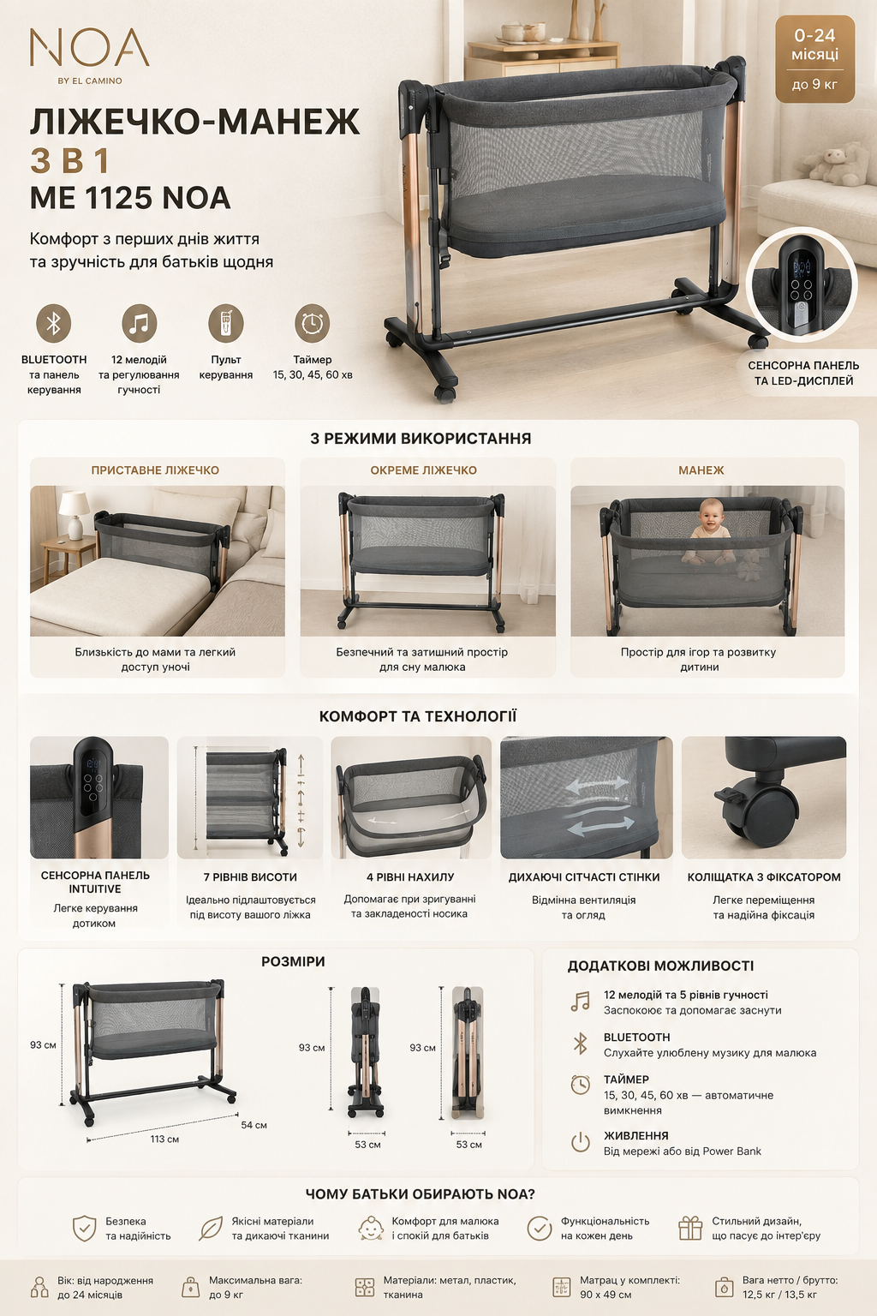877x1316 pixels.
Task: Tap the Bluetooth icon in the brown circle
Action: (53, 323)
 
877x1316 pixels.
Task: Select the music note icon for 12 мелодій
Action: (140, 323)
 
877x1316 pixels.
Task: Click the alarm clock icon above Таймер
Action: (312, 323)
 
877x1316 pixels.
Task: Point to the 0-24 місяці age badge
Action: (814, 59)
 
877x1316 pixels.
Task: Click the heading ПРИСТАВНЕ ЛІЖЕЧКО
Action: (155, 470)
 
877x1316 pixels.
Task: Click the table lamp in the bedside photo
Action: (75, 515)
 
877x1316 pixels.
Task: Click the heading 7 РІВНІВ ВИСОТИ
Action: (250, 877)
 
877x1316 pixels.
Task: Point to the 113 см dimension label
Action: (164, 1140)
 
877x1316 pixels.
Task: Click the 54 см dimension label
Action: (254, 1125)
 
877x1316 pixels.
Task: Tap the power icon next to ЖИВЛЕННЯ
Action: (581, 1143)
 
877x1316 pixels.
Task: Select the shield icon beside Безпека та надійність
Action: (84, 1229)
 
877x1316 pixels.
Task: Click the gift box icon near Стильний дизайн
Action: (690, 1228)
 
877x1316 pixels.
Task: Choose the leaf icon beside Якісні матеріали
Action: (211, 1229)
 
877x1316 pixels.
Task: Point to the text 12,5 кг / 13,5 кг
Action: (779, 1295)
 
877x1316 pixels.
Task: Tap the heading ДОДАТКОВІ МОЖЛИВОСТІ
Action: (660, 966)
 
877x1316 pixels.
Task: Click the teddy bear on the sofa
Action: (833, 162)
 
